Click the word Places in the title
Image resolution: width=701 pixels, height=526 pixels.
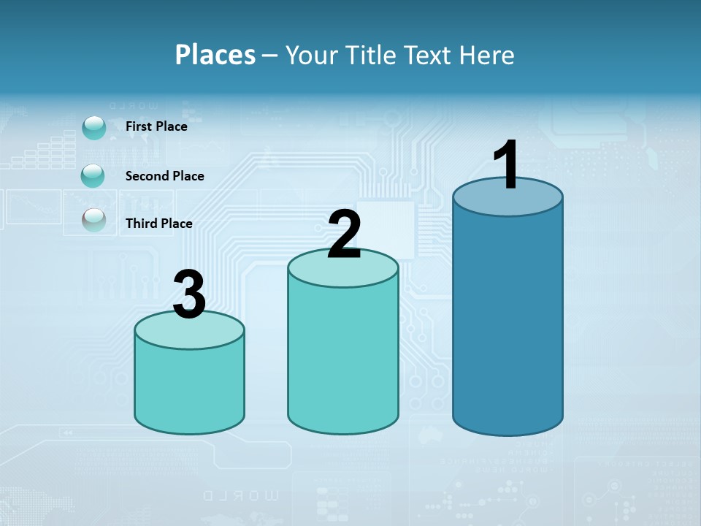215,55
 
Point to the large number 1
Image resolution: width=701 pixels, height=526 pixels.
507,165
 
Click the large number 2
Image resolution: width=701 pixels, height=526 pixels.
344,235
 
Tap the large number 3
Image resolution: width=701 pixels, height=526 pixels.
189,294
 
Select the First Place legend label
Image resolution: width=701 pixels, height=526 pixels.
156,126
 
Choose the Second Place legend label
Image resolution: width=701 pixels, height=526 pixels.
164,176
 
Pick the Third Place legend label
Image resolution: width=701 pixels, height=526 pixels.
158,224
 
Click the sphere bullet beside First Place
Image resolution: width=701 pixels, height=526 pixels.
94,128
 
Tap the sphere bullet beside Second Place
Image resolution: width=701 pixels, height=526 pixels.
93,176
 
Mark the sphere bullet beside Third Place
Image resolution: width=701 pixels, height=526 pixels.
94,220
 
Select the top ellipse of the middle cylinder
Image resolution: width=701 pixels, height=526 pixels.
343,275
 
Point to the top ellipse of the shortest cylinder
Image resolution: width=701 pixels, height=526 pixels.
189,335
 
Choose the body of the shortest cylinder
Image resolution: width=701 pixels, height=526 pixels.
189,387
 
